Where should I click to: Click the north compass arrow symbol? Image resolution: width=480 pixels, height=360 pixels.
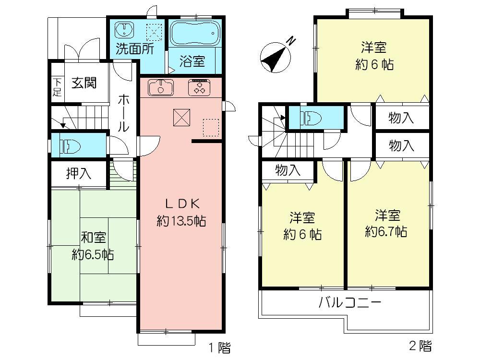(275, 57)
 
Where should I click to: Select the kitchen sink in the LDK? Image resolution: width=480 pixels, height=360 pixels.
(160, 87)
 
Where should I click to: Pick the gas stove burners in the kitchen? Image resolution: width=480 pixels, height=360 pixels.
(199, 87)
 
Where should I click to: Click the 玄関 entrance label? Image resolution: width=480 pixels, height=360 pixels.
(84, 83)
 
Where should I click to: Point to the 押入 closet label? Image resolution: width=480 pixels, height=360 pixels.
(78, 173)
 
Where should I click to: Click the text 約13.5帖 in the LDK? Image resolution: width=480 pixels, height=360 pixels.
(181, 221)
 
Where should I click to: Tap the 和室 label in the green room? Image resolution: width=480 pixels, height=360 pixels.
(93, 237)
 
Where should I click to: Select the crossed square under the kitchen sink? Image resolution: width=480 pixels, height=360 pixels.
(181, 116)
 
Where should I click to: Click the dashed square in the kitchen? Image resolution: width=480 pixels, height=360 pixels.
(211, 127)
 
